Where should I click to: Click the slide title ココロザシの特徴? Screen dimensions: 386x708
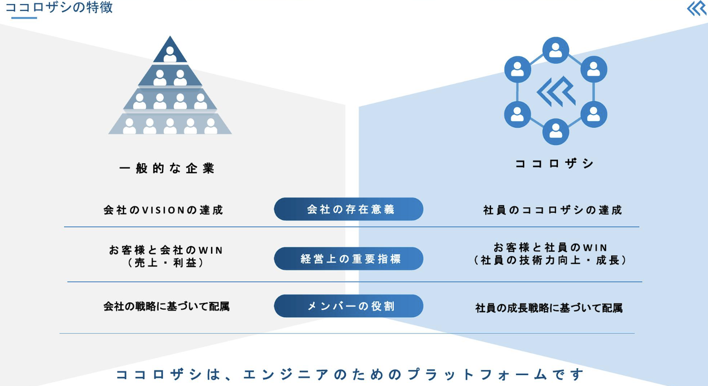pyautogui.click(x=59, y=8)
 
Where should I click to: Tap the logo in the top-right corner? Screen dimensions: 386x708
pyautogui.click(x=696, y=9)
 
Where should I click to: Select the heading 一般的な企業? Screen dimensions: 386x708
pyautogui.click(x=167, y=169)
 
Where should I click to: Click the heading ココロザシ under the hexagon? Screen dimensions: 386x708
pyautogui.click(x=555, y=164)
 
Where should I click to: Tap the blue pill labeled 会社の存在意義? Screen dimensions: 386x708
pyautogui.click(x=349, y=209)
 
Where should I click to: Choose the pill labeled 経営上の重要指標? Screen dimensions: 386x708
pyautogui.click(x=349, y=259)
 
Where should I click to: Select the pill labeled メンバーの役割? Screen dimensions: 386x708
pyautogui.click(x=349, y=306)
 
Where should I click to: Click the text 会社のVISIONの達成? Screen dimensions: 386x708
pyautogui.click(x=163, y=210)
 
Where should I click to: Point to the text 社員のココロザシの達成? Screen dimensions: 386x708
pyautogui.click(x=553, y=210)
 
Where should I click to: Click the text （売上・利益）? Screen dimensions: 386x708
pyautogui.click(x=166, y=263)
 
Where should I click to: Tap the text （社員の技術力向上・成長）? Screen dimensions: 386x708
pyautogui.click(x=550, y=261)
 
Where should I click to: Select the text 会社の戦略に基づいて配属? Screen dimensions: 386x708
pyautogui.click(x=166, y=307)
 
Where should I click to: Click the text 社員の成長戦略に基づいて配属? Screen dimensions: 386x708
pyautogui.click(x=549, y=308)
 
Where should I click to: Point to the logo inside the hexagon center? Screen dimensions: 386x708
pyautogui.click(x=556, y=91)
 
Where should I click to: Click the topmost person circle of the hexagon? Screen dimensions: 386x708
pyautogui.click(x=556, y=51)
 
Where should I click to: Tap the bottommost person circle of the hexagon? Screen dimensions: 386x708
pyautogui.click(x=556, y=131)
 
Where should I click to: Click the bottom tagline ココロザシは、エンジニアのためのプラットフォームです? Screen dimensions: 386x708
pyautogui.click(x=350, y=375)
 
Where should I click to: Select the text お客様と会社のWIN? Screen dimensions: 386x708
pyautogui.click(x=166, y=250)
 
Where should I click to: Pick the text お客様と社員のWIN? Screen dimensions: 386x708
pyautogui.click(x=550, y=248)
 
